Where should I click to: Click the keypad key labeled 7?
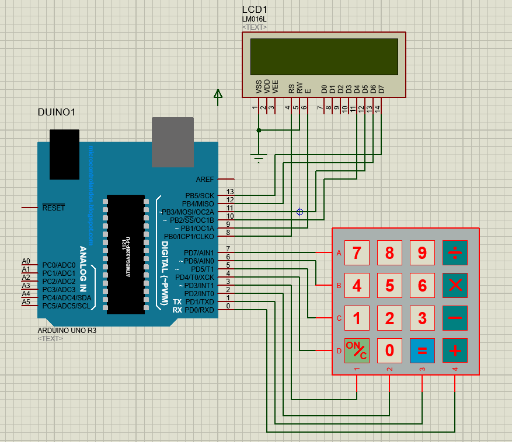click(x=357, y=253)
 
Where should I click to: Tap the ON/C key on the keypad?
click(x=357, y=350)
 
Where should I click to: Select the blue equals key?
click(x=422, y=350)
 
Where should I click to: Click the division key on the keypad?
click(x=455, y=253)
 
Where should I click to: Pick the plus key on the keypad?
click(x=455, y=350)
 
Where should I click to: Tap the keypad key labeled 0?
click(x=389, y=350)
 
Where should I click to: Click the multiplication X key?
click(x=455, y=286)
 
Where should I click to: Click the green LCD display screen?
click(x=324, y=57)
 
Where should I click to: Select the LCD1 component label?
click(x=254, y=10)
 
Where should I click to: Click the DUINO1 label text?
click(x=57, y=112)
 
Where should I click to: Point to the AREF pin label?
click(x=206, y=179)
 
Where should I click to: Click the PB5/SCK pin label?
click(x=200, y=196)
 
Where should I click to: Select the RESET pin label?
click(x=53, y=208)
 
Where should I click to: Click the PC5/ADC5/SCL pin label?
click(x=66, y=306)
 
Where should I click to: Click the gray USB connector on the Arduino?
click(x=172, y=142)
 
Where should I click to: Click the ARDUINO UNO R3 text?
click(x=67, y=330)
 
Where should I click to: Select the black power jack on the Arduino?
click(x=64, y=154)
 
